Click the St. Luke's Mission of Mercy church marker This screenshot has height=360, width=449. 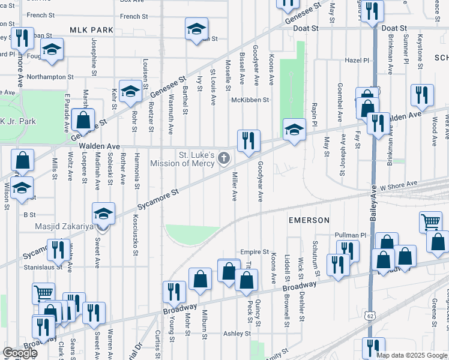tap(223, 159)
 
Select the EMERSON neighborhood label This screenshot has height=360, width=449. tap(309, 220)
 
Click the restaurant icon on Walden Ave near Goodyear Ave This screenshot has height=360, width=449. tap(249, 141)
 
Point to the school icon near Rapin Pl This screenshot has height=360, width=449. tap(294, 129)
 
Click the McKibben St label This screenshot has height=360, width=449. tap(251, 100)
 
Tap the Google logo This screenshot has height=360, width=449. tap(20, 353)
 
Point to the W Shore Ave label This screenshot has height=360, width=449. tap(397, 185)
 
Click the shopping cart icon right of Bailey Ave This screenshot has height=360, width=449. tap(431, 222)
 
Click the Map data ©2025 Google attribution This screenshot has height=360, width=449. tap(412, 355)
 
